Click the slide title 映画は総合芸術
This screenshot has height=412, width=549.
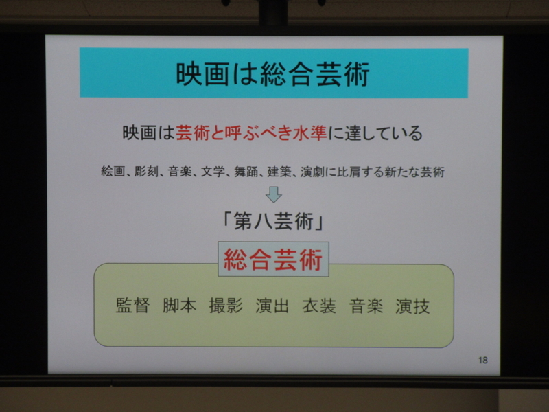click(272, 74)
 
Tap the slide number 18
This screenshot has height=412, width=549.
click(483, 360)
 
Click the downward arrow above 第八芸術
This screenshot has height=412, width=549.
click(273, 194)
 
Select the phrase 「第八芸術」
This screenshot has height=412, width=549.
click(273, 221)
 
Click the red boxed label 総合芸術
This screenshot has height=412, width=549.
click(273, 260)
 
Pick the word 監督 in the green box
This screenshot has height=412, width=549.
click(132, 306)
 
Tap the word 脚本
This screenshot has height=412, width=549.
click(179, 306)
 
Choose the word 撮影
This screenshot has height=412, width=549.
click(226, 306)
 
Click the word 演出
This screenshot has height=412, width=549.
click(272, 306)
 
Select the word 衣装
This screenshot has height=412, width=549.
click(319, 306)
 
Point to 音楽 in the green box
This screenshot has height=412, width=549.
click(366, 306)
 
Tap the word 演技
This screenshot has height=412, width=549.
click(412, 306)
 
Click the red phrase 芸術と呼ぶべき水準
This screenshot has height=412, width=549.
click(251, 133)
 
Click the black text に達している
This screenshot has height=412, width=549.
click(375, 133)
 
